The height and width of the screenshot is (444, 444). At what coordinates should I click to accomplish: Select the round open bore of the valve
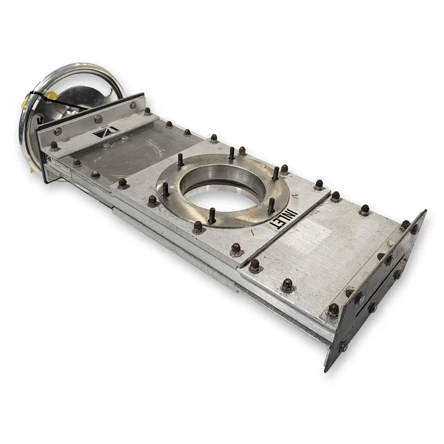(224, 190)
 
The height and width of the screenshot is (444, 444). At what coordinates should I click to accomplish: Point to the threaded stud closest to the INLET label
(271, 205)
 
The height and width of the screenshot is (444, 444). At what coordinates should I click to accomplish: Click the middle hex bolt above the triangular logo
(98, 119)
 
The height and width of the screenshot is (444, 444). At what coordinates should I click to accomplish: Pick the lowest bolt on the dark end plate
(343, 346)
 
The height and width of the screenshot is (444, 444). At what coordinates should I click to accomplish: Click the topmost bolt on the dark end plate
(415, 229)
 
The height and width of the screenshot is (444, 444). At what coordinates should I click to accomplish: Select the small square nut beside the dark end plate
(391, 243)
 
